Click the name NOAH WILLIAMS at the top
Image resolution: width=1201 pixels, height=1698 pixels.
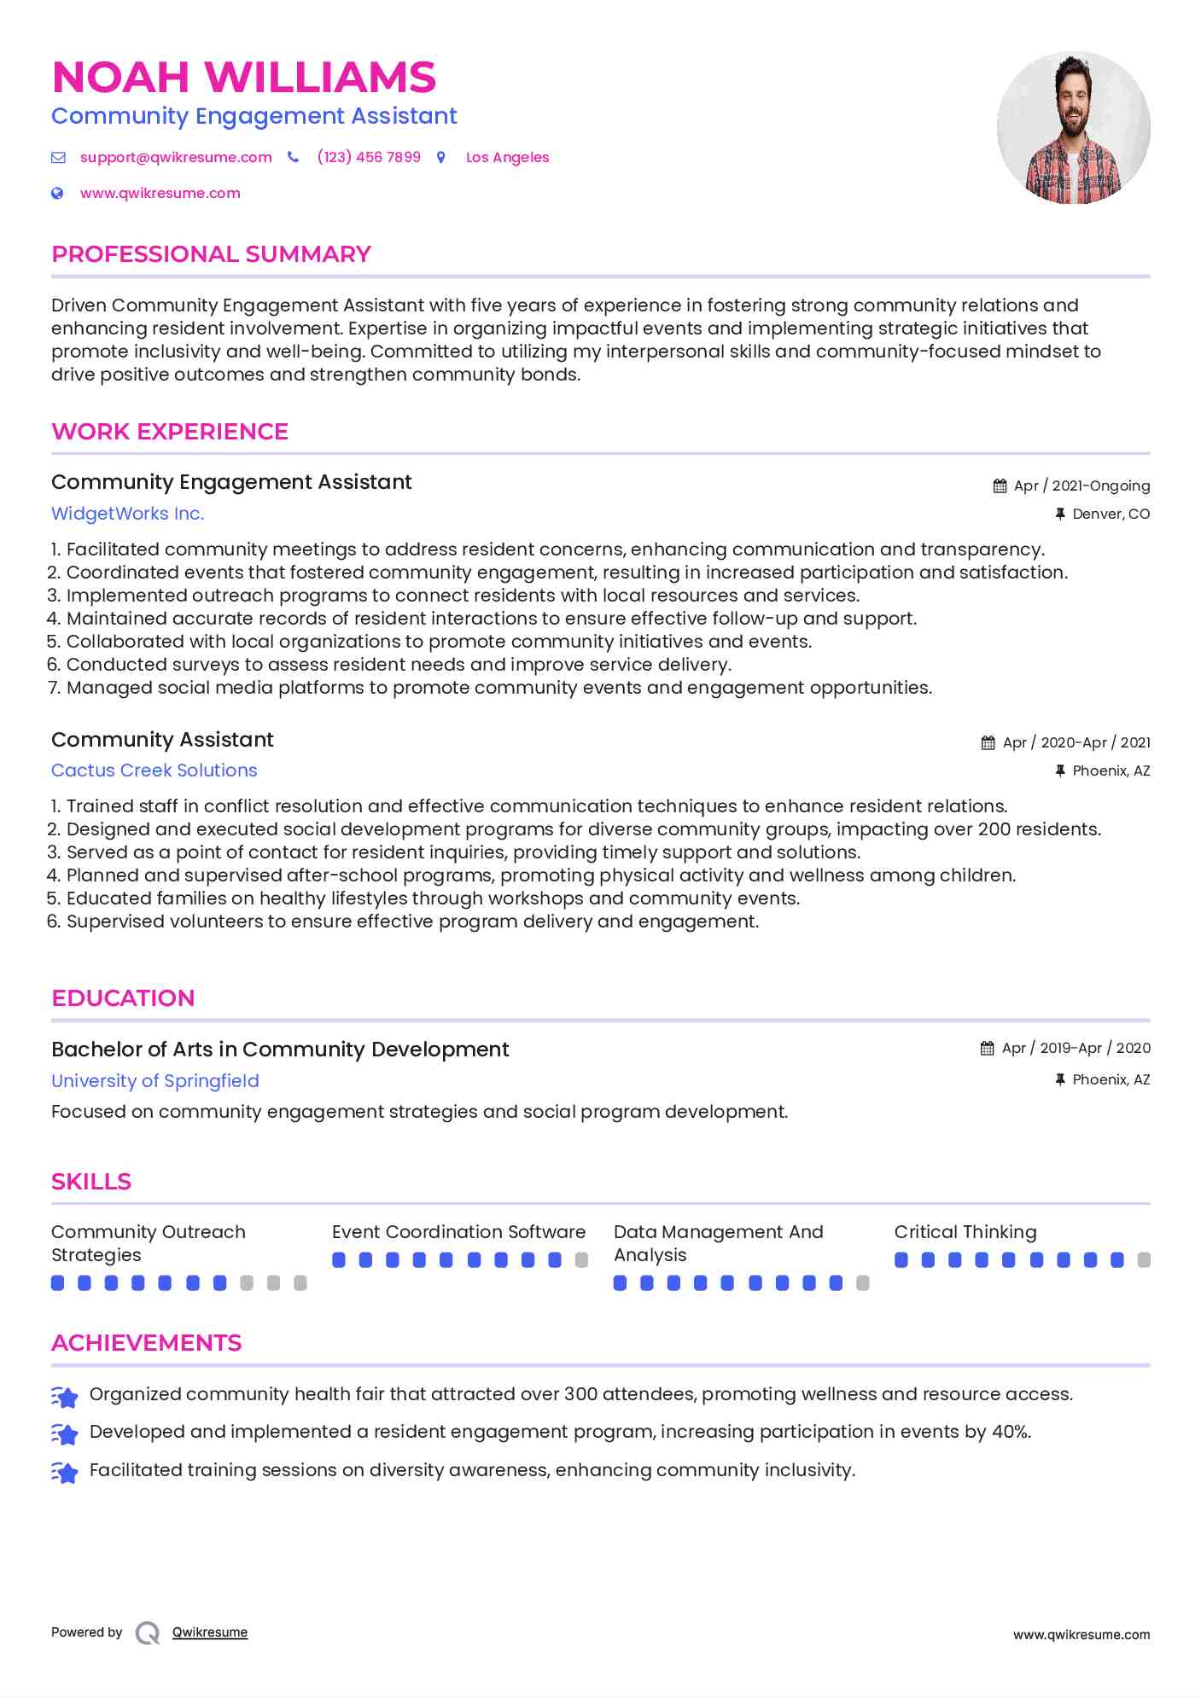(x=243, y=78)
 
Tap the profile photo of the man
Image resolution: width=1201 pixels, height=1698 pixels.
(x=1073, y=128)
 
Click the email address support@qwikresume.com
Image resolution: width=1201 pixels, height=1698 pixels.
(x=176, y=158)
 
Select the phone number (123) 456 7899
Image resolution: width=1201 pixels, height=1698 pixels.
(x=369, y=158)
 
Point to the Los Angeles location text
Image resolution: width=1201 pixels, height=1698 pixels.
(x=507, y=158)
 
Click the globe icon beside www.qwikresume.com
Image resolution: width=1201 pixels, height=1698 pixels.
(x=57, y=194)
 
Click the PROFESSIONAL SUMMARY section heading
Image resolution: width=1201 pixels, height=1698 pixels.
(x=211, y=254)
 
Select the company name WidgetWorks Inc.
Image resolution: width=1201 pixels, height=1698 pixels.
(x=127, y=514)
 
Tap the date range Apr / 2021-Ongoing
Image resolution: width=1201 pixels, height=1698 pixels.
(x=1081, y=486)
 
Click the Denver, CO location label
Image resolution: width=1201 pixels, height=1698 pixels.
(x=1111, y=515)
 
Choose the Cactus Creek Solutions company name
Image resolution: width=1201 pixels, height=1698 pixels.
(x=154, y=770)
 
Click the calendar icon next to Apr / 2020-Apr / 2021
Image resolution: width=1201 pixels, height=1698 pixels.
(x=988, y=743)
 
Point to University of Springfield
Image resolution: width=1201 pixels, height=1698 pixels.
(x=154, y=1081)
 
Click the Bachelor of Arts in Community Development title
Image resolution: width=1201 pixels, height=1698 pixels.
(x=280, y=1050)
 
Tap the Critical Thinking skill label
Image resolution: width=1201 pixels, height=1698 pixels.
(x=965, y=1232)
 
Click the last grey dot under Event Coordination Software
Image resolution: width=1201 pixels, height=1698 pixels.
(x=581, y=1260)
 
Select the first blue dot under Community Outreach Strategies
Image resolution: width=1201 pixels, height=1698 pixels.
(x=58, y=1283)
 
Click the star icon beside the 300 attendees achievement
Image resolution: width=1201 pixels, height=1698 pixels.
(x=65, y=1397)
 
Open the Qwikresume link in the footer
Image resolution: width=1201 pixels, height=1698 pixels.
(x=210, y=1632)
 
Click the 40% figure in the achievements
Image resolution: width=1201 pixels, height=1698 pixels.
(x=1011, y=1432)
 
